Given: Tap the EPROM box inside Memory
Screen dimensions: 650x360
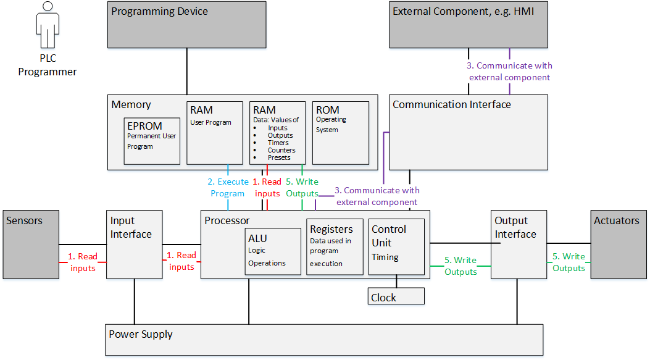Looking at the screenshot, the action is [152, 140].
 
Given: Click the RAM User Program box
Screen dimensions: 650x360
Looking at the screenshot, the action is [215, 133].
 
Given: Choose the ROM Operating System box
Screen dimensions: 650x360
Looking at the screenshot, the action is [340, 133].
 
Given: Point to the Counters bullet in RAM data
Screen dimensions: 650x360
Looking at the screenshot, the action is [281, 150].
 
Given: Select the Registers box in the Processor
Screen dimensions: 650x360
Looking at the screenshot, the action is [334, 246].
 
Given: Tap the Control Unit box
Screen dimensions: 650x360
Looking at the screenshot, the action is [396, 246].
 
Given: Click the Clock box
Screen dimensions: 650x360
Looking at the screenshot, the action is [396, 297].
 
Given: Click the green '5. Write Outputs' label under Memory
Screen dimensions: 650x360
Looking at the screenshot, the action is [302, 188].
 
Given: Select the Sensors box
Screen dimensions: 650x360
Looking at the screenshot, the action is [31, 244].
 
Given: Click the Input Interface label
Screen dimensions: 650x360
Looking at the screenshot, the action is [130, 227].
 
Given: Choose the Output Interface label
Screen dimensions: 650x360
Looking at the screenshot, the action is [515, 227].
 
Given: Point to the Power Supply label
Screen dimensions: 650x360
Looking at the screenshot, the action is [141, 334].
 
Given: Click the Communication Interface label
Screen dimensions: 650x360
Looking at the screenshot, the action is [452, 104].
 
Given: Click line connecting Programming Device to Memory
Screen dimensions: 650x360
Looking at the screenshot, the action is [186, 71].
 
